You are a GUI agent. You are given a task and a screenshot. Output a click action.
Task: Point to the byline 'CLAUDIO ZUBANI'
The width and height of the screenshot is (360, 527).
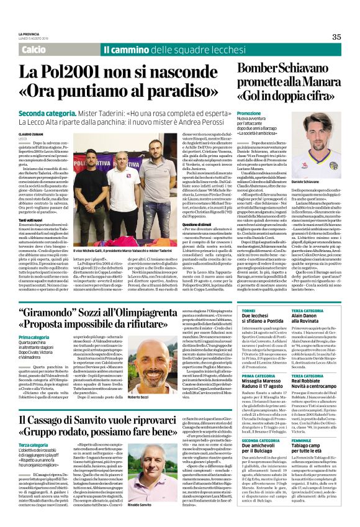coord(31,135)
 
